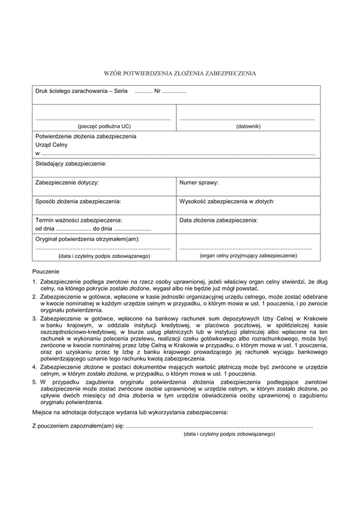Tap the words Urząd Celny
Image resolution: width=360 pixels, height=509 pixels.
52,144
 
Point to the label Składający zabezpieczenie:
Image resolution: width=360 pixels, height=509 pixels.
71,163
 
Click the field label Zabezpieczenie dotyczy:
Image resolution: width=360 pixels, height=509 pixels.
67,182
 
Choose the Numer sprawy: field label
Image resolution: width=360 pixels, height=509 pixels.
199,182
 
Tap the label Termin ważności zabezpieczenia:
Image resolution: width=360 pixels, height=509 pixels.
79,220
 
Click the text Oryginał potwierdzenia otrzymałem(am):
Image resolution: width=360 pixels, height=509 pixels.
88,239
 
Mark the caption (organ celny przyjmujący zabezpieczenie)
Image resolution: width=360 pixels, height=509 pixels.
248,255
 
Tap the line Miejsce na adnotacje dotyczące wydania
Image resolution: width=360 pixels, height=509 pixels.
129,412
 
